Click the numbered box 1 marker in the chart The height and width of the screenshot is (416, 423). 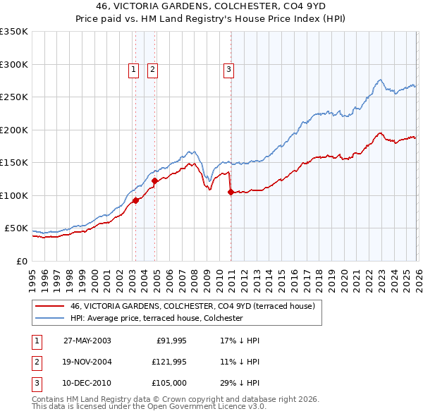(133, 69)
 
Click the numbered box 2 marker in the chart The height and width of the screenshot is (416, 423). (152, 69)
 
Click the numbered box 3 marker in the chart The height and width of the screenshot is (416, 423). (229, 69)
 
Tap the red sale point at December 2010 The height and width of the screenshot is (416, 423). (231, 192)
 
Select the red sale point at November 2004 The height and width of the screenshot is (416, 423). (155, 181)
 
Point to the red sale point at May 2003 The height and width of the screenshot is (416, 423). (136, 200)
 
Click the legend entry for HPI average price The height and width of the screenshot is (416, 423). (156, 319)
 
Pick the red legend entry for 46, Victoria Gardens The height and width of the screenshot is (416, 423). (192, 306)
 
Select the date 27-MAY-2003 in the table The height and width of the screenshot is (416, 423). (87, 341)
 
